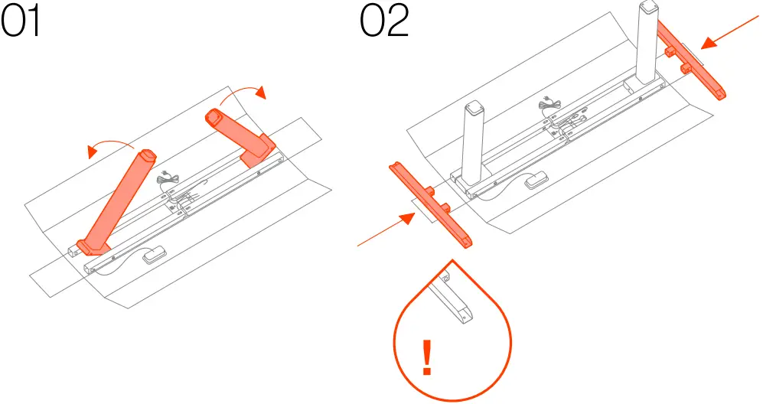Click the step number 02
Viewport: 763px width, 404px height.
[x=385, y=24]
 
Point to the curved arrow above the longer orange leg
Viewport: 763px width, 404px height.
[x=110, y=145]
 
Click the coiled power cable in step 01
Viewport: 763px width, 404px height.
[x=167, y=183]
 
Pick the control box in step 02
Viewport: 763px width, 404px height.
[x=536, y=181]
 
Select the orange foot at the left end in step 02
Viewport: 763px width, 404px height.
[x=432, y=203]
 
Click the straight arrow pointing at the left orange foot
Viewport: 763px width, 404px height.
[x=386, y=230]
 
